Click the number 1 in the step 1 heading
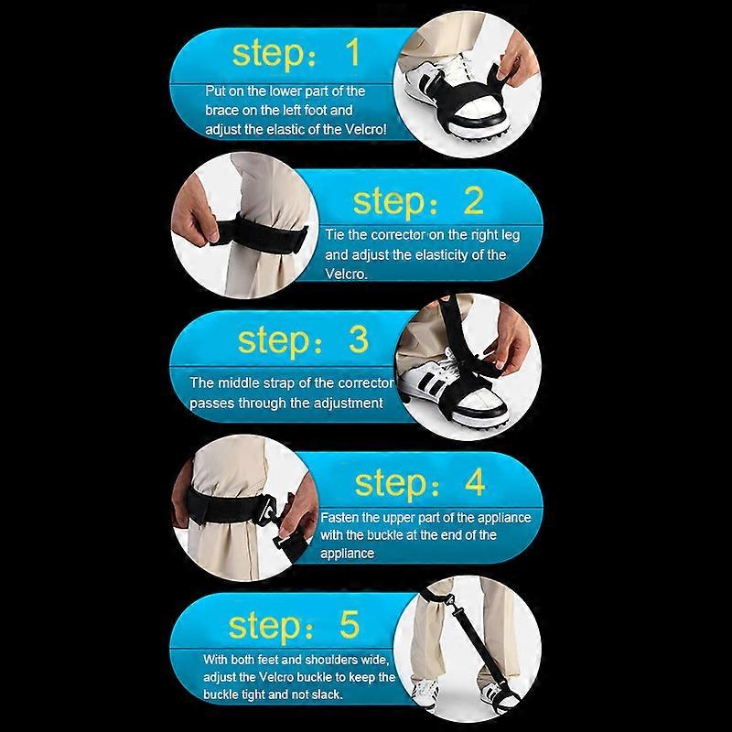pyautogui.click(x=351, y=52)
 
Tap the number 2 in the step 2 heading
pyautogui.click(x=473, y=200)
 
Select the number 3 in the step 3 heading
pyautogui.click(x=359, y=339)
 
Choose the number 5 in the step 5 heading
pyautogui.click(x=350, y=624)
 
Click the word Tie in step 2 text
pyautogui.click(x=334, y=234)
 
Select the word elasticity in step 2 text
pyautogui.click(x=441, y=255)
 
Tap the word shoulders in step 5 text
pyautogui.click(x=330, y=660)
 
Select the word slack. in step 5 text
pyautogui.click(x=327, y=694)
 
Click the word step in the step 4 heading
pyautogui.click(x=391, y=484)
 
